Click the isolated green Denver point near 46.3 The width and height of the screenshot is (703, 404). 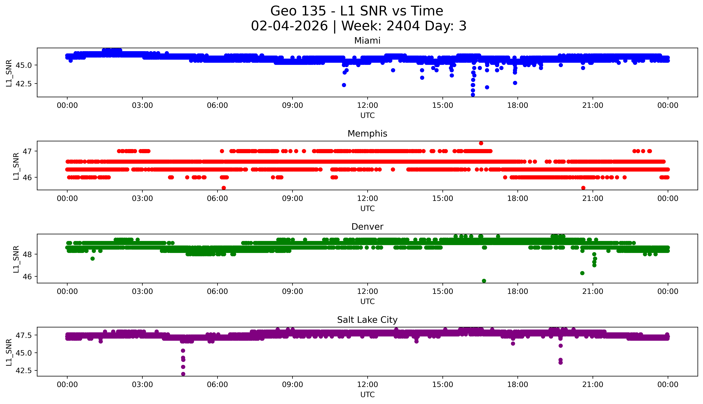point(582,273)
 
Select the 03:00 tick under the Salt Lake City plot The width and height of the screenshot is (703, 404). point(142,385)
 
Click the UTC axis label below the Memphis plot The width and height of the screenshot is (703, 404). point(367,208)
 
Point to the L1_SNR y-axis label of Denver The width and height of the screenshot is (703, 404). point(16,259)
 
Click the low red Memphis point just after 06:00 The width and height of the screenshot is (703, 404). point(224,188)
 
